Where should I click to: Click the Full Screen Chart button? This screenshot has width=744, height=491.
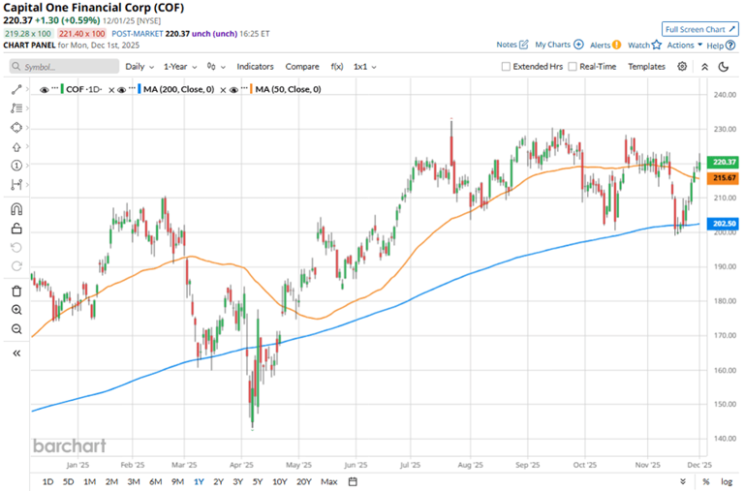click(696, 29)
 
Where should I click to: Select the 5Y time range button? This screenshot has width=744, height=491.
click(257, 481)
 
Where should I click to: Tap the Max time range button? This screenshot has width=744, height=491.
click(328, 481)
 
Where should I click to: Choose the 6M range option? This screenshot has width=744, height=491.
click(155, 481)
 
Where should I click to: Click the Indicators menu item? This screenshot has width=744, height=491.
click(255, 67)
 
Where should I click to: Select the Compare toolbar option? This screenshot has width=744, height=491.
click(302, 67)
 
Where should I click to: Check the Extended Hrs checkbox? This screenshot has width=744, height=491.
click(506, 67)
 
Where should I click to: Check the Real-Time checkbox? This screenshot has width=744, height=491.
click(573, 67)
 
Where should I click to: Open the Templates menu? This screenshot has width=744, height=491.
click(646, 67)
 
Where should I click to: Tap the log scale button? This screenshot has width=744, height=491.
click(726, 481)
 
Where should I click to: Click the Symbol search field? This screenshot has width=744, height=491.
click(63, 67)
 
